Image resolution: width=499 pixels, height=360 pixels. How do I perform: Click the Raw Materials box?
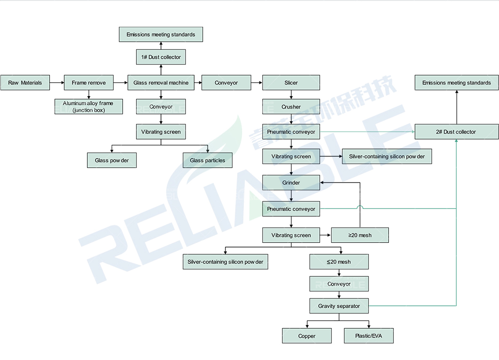25,83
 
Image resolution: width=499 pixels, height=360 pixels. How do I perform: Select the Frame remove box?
89,83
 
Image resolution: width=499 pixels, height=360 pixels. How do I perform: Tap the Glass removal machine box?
161,83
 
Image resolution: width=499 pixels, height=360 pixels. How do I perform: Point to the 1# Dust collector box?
161,57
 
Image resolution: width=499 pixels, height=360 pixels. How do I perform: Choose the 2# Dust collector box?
457,132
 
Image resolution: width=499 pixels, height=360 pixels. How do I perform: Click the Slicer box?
291,83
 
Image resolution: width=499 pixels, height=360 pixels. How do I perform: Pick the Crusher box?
291,106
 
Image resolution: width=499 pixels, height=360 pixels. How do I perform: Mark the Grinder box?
291,183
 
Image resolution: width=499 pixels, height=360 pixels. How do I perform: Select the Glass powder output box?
112,160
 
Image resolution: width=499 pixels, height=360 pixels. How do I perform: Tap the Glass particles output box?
208,160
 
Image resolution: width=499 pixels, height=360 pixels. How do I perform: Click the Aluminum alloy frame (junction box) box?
89,106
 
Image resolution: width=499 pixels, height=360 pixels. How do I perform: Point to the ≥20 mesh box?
360,235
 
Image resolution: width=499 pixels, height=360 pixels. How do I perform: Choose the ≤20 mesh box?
339,262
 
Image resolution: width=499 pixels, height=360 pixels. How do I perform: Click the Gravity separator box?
339,306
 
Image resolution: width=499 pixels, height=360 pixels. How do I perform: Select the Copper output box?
307,336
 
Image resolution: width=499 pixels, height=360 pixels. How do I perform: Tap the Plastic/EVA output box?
369,336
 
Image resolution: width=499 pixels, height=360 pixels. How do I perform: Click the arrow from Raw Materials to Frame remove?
57,83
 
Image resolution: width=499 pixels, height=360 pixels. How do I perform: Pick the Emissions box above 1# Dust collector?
161,34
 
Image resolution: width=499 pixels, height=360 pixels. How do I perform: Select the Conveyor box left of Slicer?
226,83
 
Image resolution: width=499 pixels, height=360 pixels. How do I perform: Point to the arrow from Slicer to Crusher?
291,95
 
